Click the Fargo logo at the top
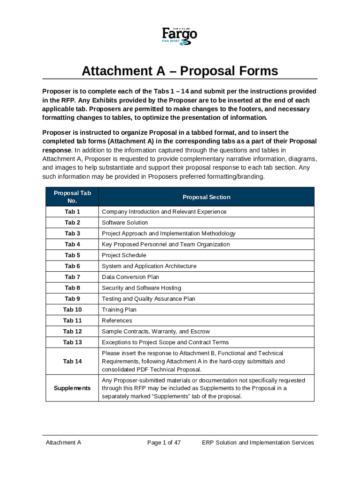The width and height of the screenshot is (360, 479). pos(180,36)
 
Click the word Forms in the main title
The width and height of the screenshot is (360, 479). pos(254,71)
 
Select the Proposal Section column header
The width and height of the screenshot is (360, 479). pos(206,197)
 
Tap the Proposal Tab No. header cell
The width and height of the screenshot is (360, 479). pos(72,197)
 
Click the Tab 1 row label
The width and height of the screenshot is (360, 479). pos(72,212)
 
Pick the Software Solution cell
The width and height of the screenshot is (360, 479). pos(125,223)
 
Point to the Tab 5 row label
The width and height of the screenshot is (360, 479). pos(72,255)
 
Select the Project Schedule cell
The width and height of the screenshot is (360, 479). pos(124,255)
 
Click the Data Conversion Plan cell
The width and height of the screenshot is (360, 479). pos(130,277)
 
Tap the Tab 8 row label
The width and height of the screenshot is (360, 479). pos(72,288)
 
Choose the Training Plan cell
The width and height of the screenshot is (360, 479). pos(119,310)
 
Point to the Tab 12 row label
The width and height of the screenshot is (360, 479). pos(72,332)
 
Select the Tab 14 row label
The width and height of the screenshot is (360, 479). pos(72,362)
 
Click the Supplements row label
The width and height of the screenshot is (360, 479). pos(72,388)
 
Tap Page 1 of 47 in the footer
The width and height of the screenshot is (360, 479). pos(164,443)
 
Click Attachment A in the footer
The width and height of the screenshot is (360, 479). pos(63,443)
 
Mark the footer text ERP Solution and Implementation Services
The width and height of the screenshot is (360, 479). pos(258,443)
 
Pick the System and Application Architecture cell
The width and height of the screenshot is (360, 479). pos(149,266)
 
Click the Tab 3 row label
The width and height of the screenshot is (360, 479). pos(72,233)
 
